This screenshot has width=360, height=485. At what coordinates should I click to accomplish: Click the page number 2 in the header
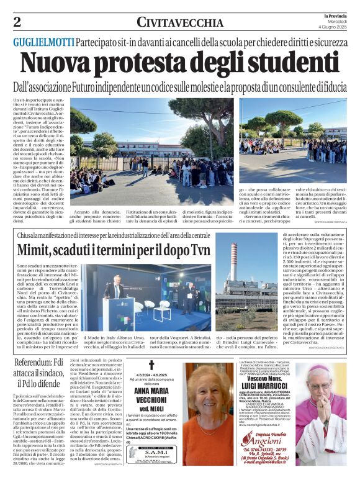(x=17, y=22)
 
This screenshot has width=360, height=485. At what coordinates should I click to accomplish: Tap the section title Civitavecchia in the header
(x=180, y=23)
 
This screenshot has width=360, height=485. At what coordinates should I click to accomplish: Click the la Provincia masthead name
(x=333, y=15)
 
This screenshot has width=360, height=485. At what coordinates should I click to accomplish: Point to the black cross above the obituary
(x=151, y=366)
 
